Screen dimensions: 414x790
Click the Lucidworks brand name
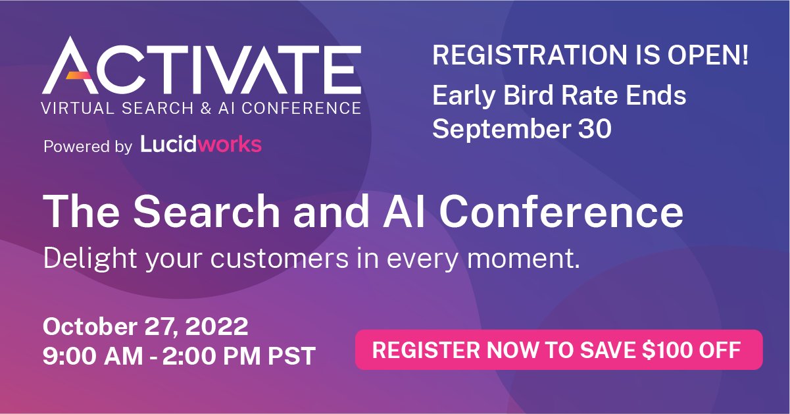[201, 144]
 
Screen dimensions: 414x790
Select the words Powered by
[87, 146]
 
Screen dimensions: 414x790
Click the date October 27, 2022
[145, 326]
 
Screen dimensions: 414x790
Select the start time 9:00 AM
[92, 356]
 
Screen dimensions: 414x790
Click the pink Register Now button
[558, 349]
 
